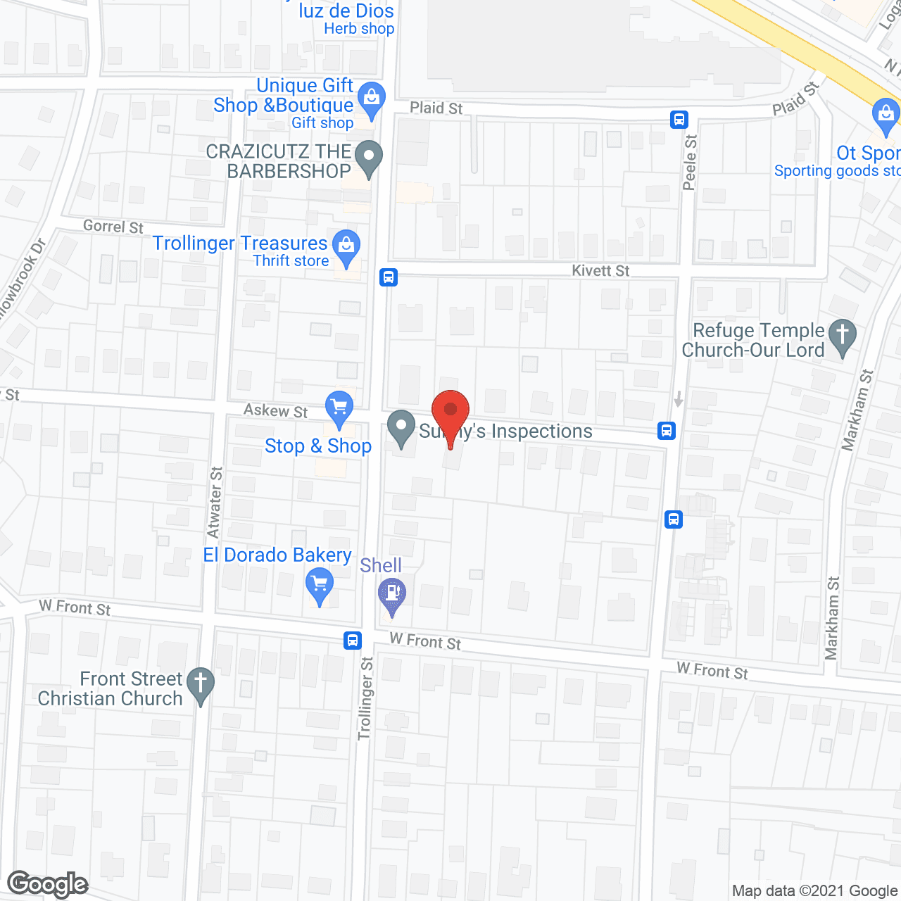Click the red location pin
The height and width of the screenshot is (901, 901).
coord(450,412)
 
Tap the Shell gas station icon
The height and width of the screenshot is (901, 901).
coord(392,593)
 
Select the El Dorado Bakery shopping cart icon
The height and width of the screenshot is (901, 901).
coord(320,586)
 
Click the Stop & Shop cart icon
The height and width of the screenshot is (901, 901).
coord(339,408)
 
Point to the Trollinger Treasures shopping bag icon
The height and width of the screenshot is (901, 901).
coord(346,246)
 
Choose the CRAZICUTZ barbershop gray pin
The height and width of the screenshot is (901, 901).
coord(368,158)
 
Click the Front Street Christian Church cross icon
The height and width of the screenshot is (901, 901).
coord(201,683)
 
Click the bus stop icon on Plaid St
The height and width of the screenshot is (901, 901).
coord(679,119)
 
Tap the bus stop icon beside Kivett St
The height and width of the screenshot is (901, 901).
coord(389,277)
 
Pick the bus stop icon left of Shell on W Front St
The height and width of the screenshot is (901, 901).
coord(353,641)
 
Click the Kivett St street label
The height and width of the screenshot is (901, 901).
coord(600,271)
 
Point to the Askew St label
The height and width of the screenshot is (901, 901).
coord(275,410)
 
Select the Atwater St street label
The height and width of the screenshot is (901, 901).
coord(215,502)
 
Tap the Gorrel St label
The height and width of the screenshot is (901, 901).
coord(113,227)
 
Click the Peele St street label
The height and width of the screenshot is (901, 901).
coord(690,162)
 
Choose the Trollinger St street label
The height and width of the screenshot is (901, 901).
coord(365,698)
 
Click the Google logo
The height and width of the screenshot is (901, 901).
coord(48,884)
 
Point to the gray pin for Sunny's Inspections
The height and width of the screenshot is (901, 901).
coord(401,427)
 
